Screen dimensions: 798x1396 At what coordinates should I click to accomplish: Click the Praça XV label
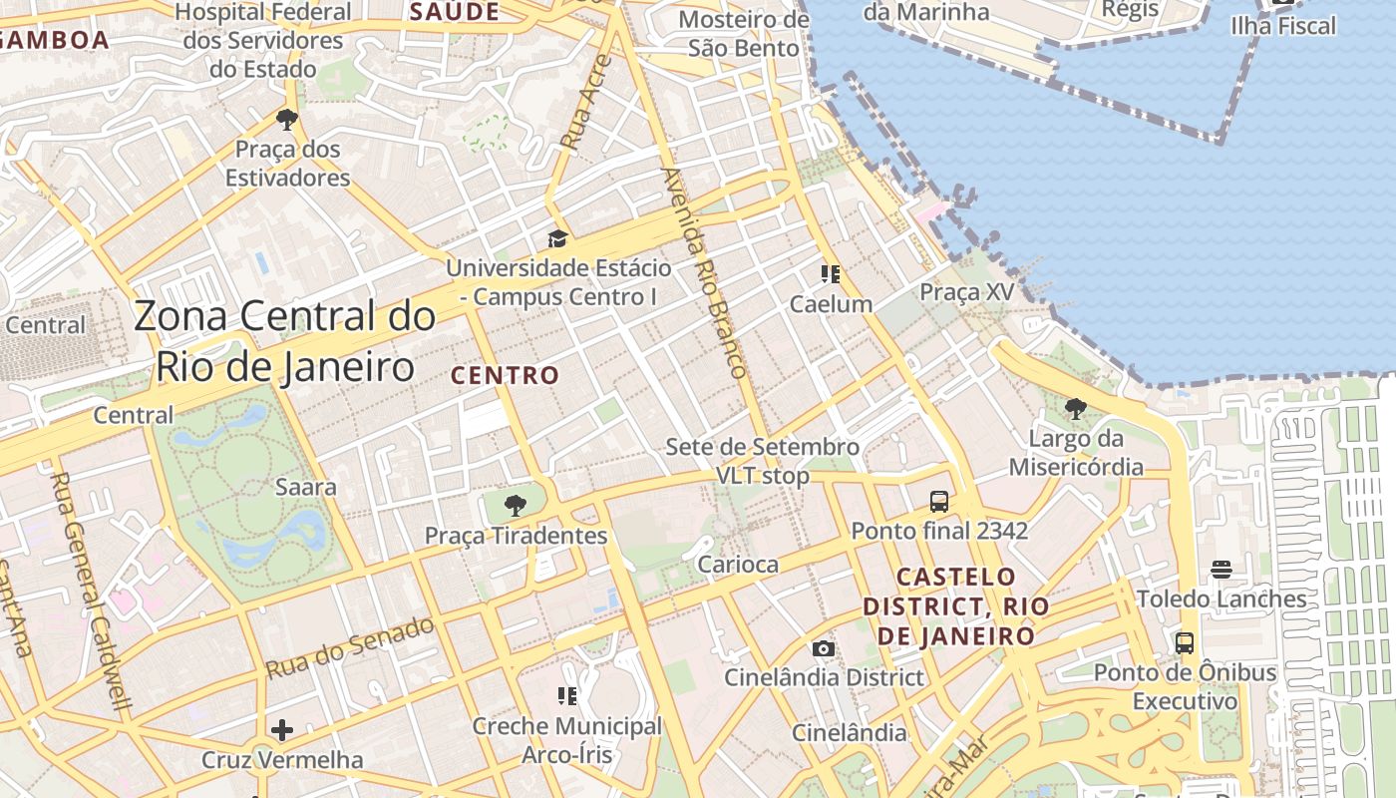(966, 292)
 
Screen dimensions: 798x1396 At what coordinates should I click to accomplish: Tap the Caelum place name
(831, 304)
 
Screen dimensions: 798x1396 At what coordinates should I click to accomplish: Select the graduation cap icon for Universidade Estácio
(557, 239)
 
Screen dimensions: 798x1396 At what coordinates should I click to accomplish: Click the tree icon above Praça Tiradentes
(515, 505)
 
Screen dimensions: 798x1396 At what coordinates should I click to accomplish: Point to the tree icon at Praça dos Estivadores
(287, 121)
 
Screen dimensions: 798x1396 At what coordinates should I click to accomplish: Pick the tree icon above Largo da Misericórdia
(1075, 409)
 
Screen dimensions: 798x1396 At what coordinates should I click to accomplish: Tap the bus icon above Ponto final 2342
(938, 501)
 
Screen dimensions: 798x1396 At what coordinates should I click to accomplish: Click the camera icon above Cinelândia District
(824, 649)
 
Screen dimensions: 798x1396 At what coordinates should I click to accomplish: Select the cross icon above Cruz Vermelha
(282, 730)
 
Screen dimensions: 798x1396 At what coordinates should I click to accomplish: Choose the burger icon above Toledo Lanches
(1221, 570)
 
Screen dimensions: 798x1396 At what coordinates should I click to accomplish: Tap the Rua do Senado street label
(350, 648)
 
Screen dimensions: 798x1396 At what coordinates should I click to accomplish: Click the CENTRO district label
(506, 376)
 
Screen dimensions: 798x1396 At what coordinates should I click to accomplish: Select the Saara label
(305, 488)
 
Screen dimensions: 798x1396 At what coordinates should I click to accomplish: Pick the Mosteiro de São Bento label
(743, 34)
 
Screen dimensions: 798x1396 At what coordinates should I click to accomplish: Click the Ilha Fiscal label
(1283, 26)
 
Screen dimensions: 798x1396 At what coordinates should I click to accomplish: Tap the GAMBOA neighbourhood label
(55, 40)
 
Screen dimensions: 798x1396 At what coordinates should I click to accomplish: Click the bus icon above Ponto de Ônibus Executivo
(1185, 643)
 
